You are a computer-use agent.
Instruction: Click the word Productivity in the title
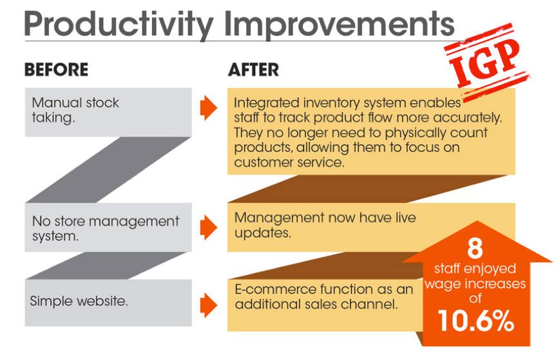click(119, 24)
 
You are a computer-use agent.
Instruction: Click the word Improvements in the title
click(339, 24)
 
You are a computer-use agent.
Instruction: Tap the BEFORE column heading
click(56, 70)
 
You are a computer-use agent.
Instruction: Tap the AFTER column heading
click(253, 70)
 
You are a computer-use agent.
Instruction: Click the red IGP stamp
click(486, 61)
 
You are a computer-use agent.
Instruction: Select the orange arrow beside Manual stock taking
click(209, 108)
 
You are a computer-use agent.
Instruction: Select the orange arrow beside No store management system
click(209, 227)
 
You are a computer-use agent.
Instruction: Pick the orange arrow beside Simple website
click(209, 305)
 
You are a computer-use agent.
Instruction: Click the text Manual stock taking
click(75, 110)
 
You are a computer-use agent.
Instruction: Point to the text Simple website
click(79, 301)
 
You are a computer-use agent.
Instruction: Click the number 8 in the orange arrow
click(476, 248)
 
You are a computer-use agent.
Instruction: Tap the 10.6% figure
click(476, 321)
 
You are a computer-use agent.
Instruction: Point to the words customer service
click(289, 162)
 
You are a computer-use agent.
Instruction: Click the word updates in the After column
click(263, 233)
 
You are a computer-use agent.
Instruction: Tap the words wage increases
click(476, 284)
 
